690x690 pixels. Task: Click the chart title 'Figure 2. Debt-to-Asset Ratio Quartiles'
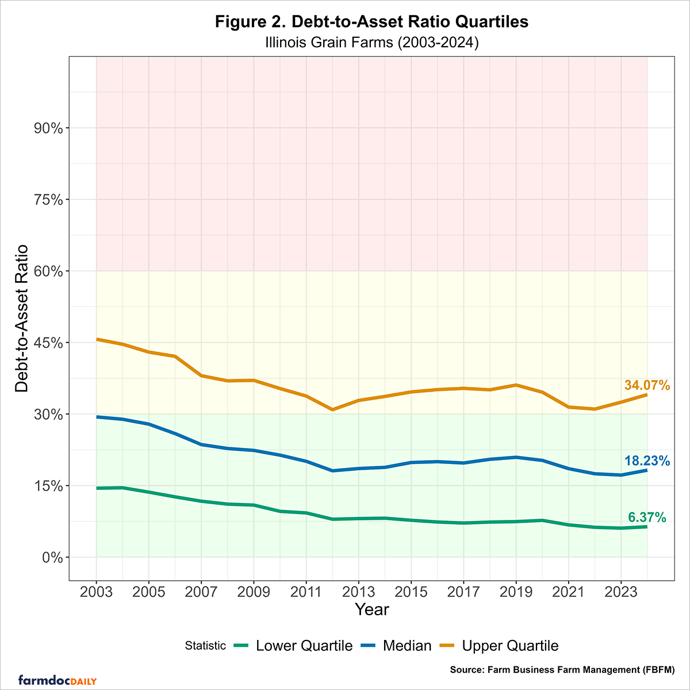click(x=371, y=22)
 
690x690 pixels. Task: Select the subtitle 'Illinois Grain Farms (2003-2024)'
click(x=371, y=43)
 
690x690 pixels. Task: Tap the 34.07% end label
click(x=647, y=385)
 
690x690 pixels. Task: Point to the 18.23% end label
click(x=647, y=461)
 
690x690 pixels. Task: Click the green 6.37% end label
click(x=647, y=517)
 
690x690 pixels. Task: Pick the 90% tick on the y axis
click(x=48, y=128)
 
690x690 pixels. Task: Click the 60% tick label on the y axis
click(x=48, y=271)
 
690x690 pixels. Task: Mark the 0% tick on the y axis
click(x=52, y=557)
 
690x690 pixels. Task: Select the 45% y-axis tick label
click(x=48, y=343)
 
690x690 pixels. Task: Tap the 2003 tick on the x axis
click(x=96, y=592)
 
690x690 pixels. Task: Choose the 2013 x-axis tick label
click(x=358, y=592)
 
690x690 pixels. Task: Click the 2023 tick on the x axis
click(x=621, y=592)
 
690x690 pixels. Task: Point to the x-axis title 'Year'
click(x=371, y=609)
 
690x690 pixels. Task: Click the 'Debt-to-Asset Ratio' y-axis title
click(x=22, y=319)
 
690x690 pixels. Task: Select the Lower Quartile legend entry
click(x=293, y=646)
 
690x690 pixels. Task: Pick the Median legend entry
click(x=396, y=646)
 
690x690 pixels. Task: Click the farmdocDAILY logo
click(x=57, y=680)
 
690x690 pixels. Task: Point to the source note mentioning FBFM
click(x=562, y=670)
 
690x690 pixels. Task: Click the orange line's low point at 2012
click(x=332, y=409)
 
